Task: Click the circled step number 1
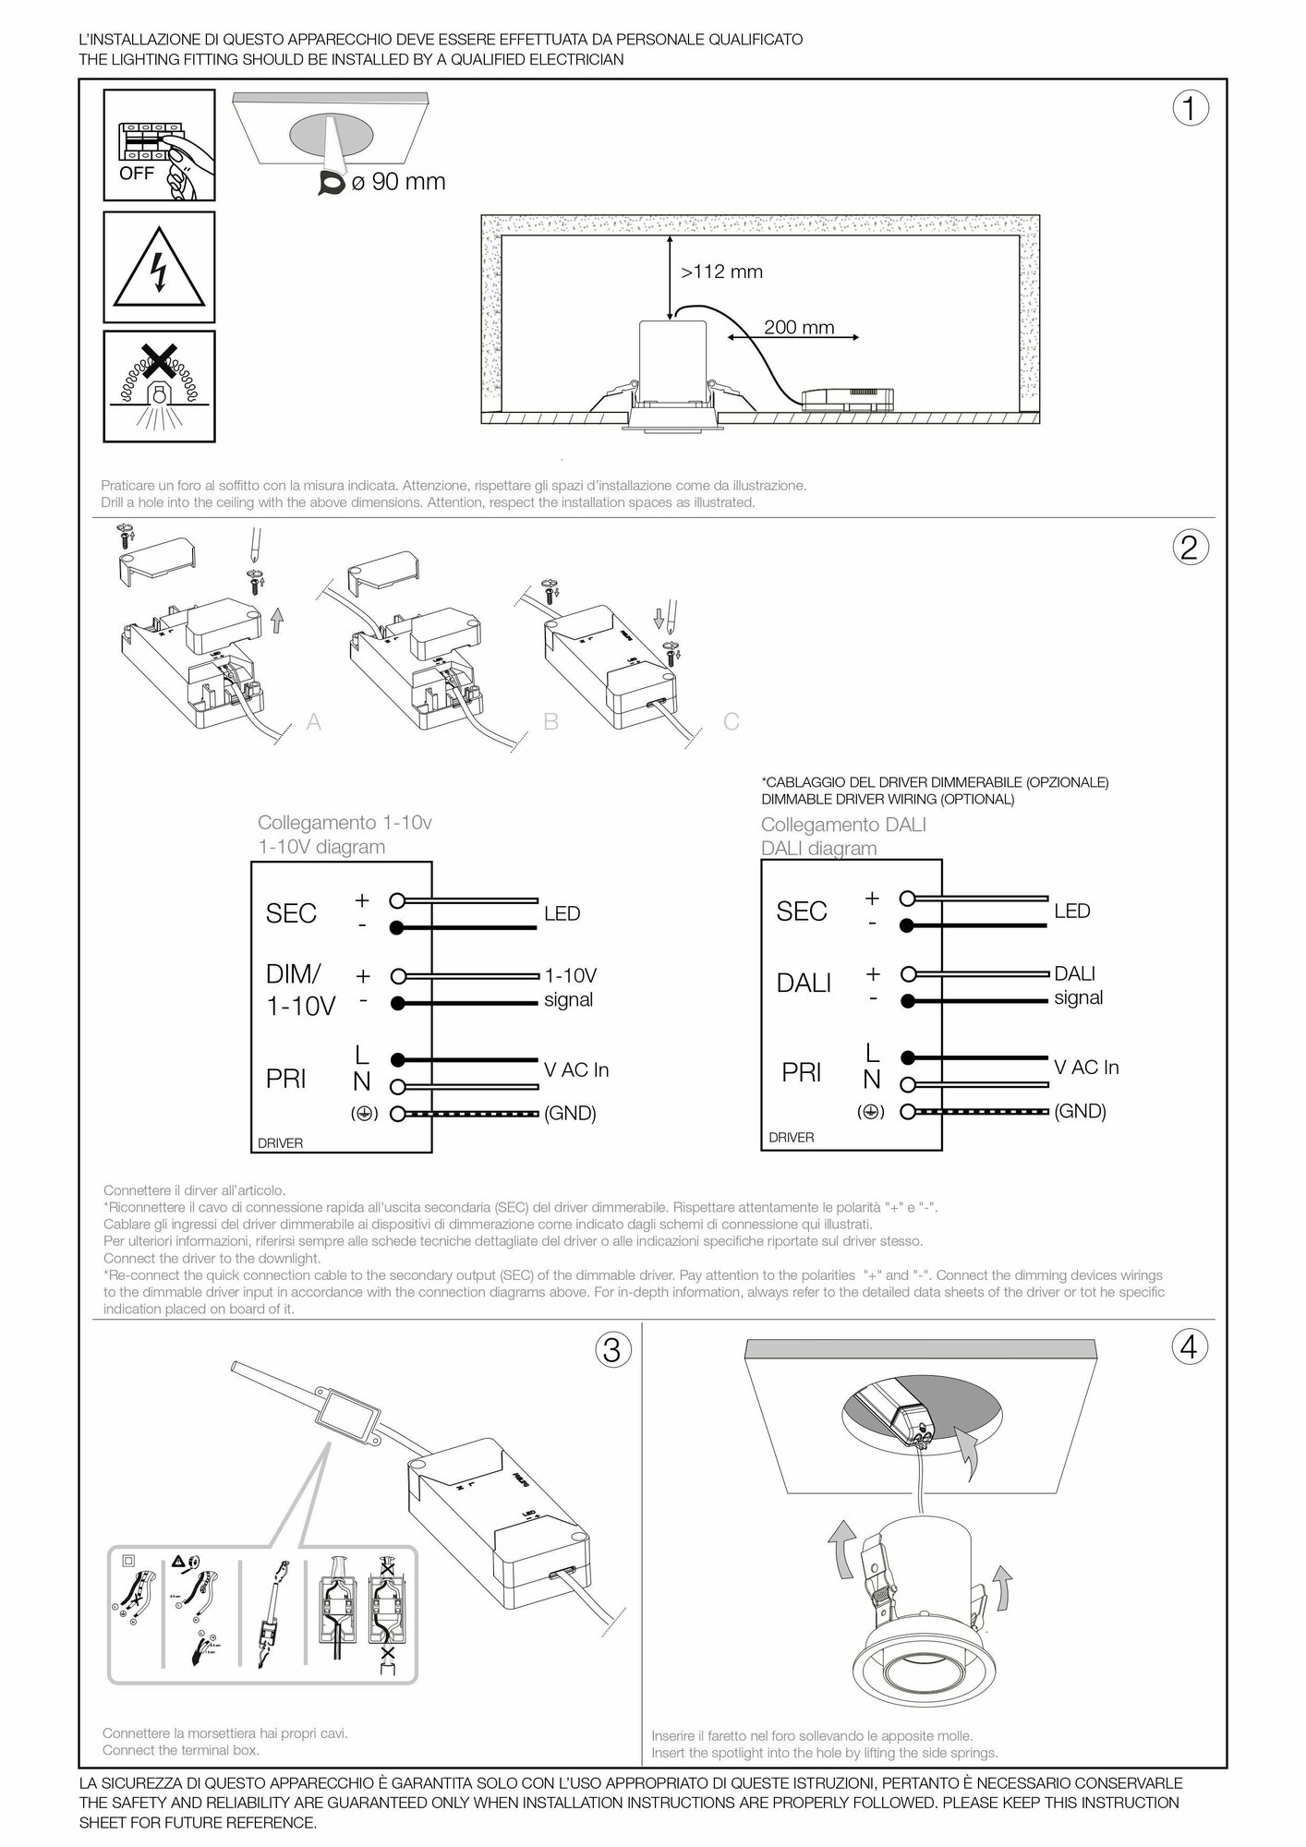click(x=1190, y=109)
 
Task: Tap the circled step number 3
click(x=611, y=1351)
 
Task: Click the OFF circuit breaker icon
click(x=159, y=145)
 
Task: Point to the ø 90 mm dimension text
click(x=398, y=182)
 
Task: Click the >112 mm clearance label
click(x=722, y=272)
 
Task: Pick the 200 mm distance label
click(x=799, y=327)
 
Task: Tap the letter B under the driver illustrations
click(x=551, y=721)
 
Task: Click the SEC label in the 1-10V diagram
click(x=291, y=913)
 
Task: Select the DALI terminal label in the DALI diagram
click(x=804, y=984)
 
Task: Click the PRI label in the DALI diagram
click(x=802, y=1072)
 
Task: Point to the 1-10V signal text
click(x=569, y=987)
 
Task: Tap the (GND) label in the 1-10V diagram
click(x=570, y=1113)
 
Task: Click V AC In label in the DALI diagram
click(x=1086, y=1068)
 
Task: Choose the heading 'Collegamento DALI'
click(x=843, y=825)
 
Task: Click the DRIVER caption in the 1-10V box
click(x=280, y=1143)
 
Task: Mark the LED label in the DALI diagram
click(x=1072, y=911)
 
